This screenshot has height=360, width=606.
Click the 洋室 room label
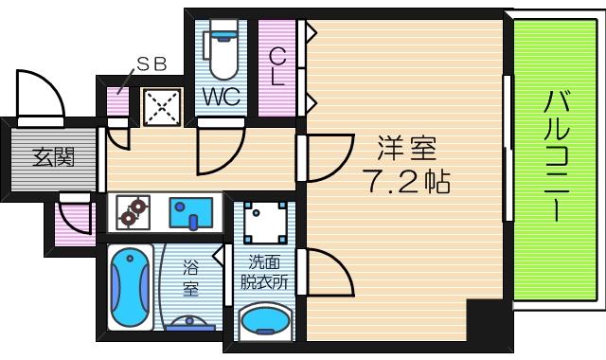tap(407, 149)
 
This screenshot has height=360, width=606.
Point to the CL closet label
tap(277, 68)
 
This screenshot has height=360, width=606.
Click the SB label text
tap(151, 65)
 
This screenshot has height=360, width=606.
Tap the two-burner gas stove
tap(133, 212)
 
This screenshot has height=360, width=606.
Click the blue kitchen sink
tap(193, 212)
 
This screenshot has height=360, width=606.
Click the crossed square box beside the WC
tap(162, 107)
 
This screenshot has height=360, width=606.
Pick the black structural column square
tap(489, 321)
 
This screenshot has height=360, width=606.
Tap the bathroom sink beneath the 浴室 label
tap(190, 321)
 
